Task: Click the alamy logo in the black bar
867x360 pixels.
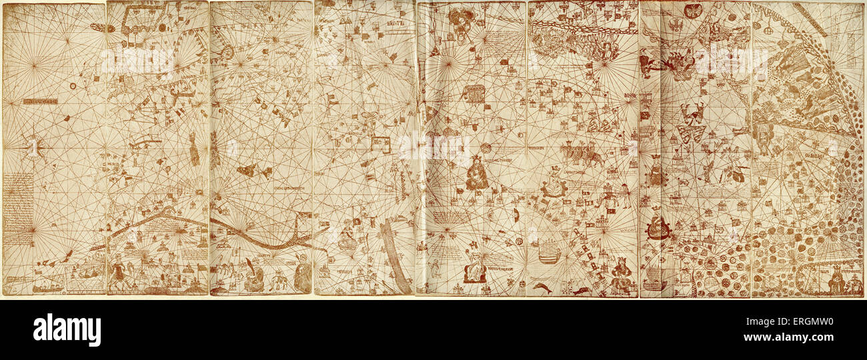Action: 67,330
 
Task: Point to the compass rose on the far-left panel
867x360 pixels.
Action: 33,145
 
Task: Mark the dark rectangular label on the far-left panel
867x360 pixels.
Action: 39,101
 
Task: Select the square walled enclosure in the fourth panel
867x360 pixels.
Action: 380,144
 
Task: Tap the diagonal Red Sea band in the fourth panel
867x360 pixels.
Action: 395,257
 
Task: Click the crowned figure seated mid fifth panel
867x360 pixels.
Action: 476,175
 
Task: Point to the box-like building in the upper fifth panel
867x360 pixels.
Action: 474,93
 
